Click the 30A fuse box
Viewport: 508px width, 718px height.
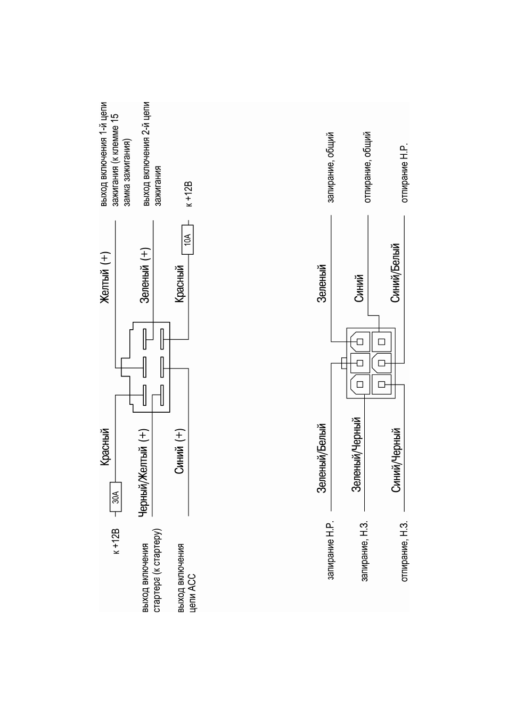pos(116,497)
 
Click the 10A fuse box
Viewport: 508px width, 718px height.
pos(188,240)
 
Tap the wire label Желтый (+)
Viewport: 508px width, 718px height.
pos(105,278)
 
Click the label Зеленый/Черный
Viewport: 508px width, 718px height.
pos(356,454)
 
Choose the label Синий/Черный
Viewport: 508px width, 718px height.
pos(396,460)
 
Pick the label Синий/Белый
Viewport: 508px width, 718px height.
pos(395,273)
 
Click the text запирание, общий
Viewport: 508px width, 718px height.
pos(331,168)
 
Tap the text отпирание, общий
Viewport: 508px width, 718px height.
pos(367,166)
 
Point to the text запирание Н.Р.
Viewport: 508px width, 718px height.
pos(331,550)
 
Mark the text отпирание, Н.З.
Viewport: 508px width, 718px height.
pos(404,551)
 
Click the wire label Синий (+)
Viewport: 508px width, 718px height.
pos(179,452)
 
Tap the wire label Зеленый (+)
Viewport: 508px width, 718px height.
pos(145,275)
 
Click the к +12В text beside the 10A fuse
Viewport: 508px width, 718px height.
pos(189,194)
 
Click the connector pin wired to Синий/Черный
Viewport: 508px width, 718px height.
pos(382,385)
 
